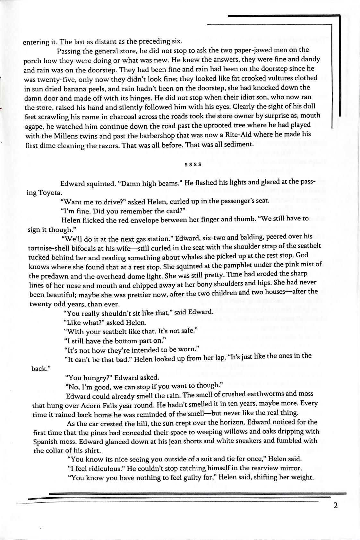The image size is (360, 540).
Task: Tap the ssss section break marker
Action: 193,164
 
